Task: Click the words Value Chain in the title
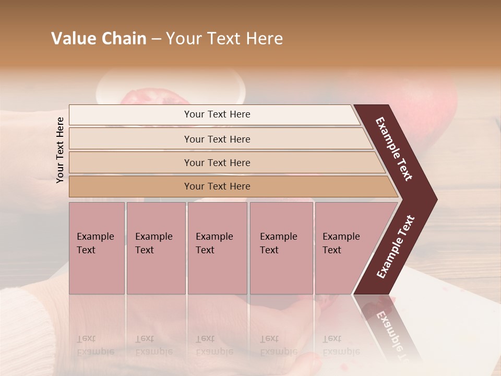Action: click(x=99, y=39)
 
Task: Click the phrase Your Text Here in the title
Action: click(x=224, y=39)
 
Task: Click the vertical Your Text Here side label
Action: click(x=60, y=150)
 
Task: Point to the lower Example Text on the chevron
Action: click(x=396, y=247)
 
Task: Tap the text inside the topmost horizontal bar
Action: click(x=217, y=114)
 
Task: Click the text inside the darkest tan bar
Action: click(x=217, y=186)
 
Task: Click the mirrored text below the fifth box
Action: click(x=340, y=345)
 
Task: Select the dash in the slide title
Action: click(x=156, y=39)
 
